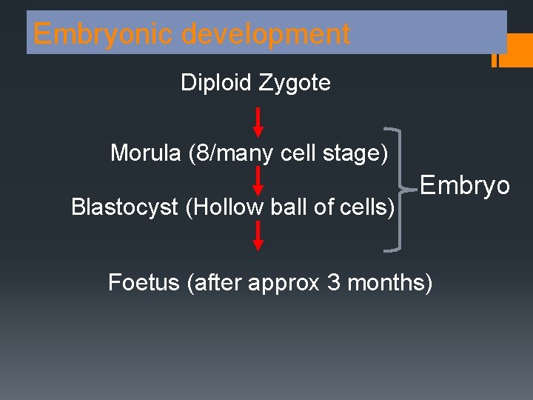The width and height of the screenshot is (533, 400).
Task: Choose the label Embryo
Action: click(x=465, y=185)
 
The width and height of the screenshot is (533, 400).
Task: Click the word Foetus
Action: click(x=144, y=282)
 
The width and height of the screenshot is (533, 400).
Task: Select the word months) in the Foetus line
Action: click(x=389, y=282)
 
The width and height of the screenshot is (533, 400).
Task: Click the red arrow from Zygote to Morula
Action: click(x=258, y=122)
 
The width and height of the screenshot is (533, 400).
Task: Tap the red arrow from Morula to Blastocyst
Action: click(x=258, y=181)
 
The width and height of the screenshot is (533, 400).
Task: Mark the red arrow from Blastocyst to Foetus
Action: click(x=258, y=235)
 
